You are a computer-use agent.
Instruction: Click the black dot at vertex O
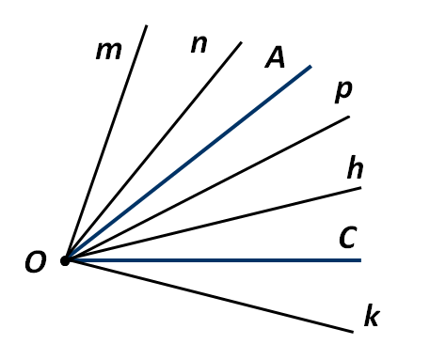click(x=65, y=260)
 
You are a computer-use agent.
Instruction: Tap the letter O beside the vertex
click(x=36, y=262)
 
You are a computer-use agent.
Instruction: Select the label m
click(x=108, y=51)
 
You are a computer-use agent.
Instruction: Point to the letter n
click(x=199, y=44)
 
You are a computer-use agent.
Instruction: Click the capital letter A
click(x=275, y=57)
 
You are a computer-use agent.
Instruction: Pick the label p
click(x=343, y=92)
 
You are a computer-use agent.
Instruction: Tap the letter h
click(x=355, y=167)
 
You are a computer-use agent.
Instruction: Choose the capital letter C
click(x=348, y=238)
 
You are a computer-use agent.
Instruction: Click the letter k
click(x=372, y=315)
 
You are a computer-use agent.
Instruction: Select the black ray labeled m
click(x=106, y=142)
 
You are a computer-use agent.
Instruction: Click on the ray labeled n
click(x=153, y=150)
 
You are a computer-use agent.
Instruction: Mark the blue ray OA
click(x=188, y=163)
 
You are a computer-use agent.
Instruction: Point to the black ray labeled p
click(x=208, y=188)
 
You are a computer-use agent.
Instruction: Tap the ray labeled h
click(x=214, y=224)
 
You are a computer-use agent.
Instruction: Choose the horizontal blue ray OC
click(x=214, y=260)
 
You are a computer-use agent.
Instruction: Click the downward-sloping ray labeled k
click(x=209, y=296)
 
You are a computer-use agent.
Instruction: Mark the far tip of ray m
click(x=147, y=25)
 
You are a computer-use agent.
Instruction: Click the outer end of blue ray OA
click(x=311, y=66)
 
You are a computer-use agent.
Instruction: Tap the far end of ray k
click(x=353, y=332)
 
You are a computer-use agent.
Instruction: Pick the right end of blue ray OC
click(x=361, y=260)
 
